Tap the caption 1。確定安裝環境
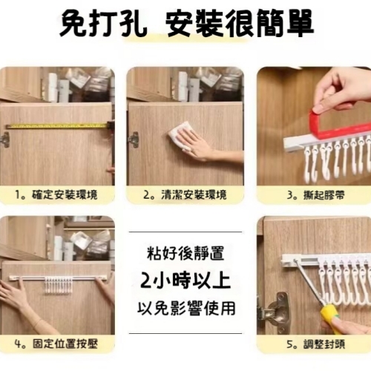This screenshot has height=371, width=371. coord(57,196)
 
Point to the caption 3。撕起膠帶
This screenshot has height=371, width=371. coord(313,196)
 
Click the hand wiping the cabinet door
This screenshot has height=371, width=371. coord(199,145)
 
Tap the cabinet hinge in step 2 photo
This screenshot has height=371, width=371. coord(134,139)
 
